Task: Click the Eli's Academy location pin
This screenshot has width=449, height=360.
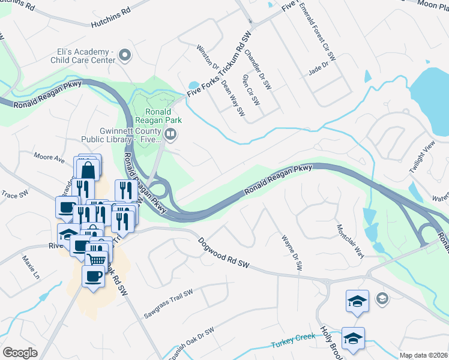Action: point(125,56)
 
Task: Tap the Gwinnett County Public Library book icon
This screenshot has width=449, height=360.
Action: point(171,135)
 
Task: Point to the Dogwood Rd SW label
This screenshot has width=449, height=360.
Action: point(224,252)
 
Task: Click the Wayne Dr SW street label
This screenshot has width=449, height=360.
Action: point(291,252)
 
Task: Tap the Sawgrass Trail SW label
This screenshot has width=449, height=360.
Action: point(168,304)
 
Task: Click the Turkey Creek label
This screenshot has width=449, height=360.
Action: point(292,340)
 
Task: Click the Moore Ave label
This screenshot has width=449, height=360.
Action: point(49,158)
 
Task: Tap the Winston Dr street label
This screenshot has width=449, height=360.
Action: point(205,58)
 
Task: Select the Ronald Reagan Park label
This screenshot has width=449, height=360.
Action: point(158,116)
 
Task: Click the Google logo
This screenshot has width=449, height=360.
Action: point(20,353)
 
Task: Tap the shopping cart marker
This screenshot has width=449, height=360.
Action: point(97,257)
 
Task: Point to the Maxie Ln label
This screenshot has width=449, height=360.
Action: point(31,268)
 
